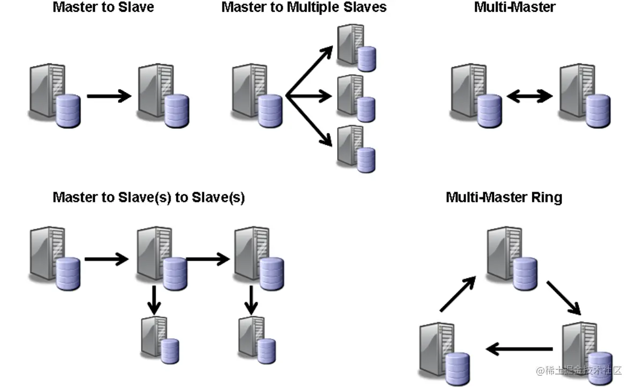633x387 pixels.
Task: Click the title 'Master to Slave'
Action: [x=104, y=8]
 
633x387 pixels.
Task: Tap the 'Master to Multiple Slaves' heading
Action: [x=304, y=8]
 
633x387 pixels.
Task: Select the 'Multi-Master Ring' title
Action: [x=504, y=197]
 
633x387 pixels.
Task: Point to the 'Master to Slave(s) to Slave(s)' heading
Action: [x=149, y=198]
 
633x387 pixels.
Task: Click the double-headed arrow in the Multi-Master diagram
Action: [x=529, y=96]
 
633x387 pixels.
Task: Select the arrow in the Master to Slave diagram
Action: [x=109, y=96]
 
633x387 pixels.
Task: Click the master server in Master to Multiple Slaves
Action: [x=256, y=96]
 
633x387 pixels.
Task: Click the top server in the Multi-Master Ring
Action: [x=512, y=259]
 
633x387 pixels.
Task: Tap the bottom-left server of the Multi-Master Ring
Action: [x=444, y=354]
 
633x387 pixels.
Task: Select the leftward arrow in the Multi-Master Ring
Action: [x=519, y=349]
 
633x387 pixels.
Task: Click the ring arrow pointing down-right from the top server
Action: [x=564, y=298]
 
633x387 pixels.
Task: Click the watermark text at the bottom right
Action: [x=578, y=370]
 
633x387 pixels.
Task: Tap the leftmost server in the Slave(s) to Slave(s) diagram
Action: [x=55, y=259]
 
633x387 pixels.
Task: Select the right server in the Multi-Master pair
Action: [x=584, y=96]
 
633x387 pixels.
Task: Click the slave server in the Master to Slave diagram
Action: [x=163, y=96]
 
